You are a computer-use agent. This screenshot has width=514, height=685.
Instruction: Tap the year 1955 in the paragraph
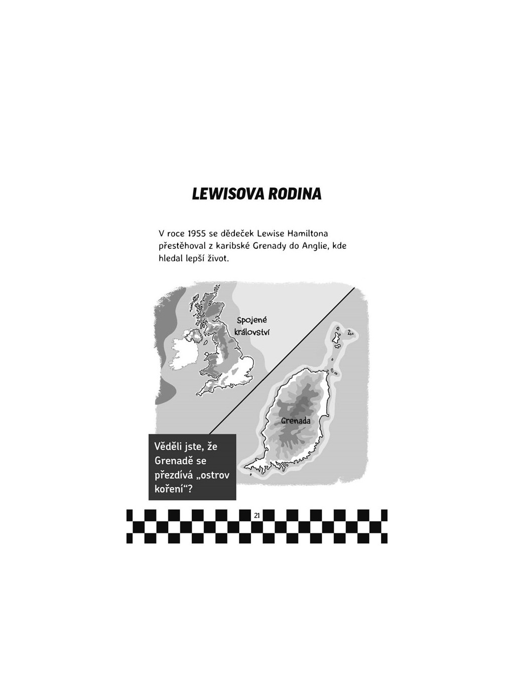198,233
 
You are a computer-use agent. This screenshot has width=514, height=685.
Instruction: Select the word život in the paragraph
216,259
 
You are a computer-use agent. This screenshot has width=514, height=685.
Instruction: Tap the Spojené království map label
251,326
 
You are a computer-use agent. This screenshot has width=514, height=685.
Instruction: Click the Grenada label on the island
296,421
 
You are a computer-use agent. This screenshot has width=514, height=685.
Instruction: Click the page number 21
257,515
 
